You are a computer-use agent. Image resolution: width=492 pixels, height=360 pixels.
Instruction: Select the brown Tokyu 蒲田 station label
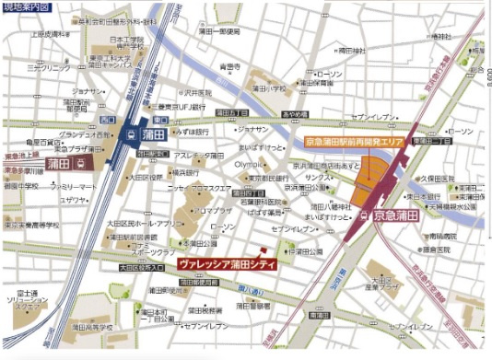tap(63, 163)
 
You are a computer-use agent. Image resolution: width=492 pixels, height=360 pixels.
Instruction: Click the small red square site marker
tap(262, 249)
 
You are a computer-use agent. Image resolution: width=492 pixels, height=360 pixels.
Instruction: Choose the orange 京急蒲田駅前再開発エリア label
tap(355, 143)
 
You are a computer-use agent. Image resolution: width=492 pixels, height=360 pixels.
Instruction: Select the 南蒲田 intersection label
tap(319, 315)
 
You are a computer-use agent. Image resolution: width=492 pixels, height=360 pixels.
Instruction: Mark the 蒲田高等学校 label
tap(92, 326)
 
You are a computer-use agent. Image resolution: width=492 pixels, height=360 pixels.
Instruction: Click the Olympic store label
tap(248, 163)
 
